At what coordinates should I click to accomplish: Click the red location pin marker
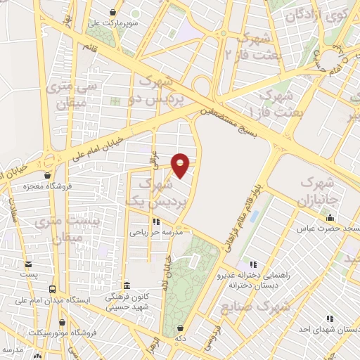[x=181, y=165]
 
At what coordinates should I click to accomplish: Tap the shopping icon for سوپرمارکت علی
[x=115, y=11]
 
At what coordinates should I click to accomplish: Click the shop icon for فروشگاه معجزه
[x=46, y=175]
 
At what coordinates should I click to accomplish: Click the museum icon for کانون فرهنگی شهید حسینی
[x=127, y=286]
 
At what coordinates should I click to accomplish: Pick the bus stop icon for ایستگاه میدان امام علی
[x=52, y=289]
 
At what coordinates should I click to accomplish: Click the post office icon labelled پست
[x=29, y=264]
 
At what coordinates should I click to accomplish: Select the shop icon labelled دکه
[x=181, y=327]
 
